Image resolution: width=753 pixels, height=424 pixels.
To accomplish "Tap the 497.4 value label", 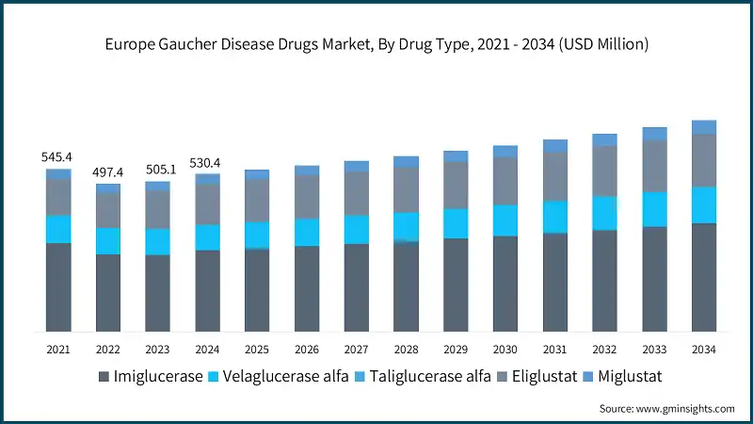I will [x=108, y=172].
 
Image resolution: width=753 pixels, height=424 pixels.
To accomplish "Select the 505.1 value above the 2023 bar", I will [x=158, y=171].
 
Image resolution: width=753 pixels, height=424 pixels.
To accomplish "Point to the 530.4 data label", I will [x=208, y=163].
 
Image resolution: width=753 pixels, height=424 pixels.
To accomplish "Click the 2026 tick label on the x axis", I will [x=307, y=350].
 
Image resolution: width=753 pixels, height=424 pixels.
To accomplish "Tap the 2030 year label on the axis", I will [x=505, y=350].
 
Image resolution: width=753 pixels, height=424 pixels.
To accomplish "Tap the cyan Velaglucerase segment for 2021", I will [x=58, y=229].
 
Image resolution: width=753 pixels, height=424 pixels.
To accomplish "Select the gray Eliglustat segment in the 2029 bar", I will [x=456, y=185].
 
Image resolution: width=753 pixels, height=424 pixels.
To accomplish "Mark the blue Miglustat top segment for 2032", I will [x=604, y=139].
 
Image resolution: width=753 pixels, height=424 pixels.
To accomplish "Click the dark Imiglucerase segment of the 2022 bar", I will [x=108, y=292].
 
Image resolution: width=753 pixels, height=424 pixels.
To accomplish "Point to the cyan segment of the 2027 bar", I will [x=357, y=229].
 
